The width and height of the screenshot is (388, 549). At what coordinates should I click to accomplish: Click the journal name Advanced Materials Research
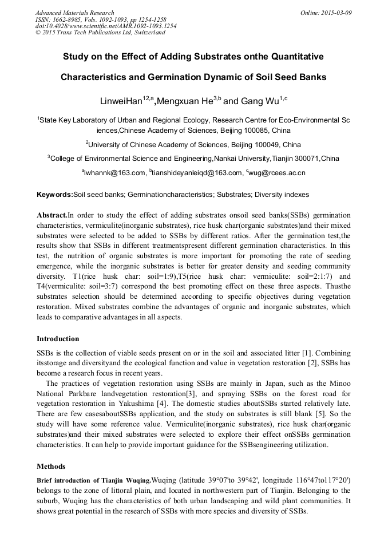pyautogui.click(x=74, y=13)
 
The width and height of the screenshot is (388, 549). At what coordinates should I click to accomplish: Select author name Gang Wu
pyautogui.click(x=259, y=101)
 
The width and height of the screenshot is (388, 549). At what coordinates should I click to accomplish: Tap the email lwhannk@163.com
pyautogui.click(x=115, y=172)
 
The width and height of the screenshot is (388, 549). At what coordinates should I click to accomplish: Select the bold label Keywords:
pyautogui.click(x=55, y=195)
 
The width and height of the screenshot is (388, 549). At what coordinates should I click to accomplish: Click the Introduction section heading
pyautogui.click(x=58, y=339)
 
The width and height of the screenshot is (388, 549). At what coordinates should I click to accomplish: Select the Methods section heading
pyautogui.click(x=51, y=466)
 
